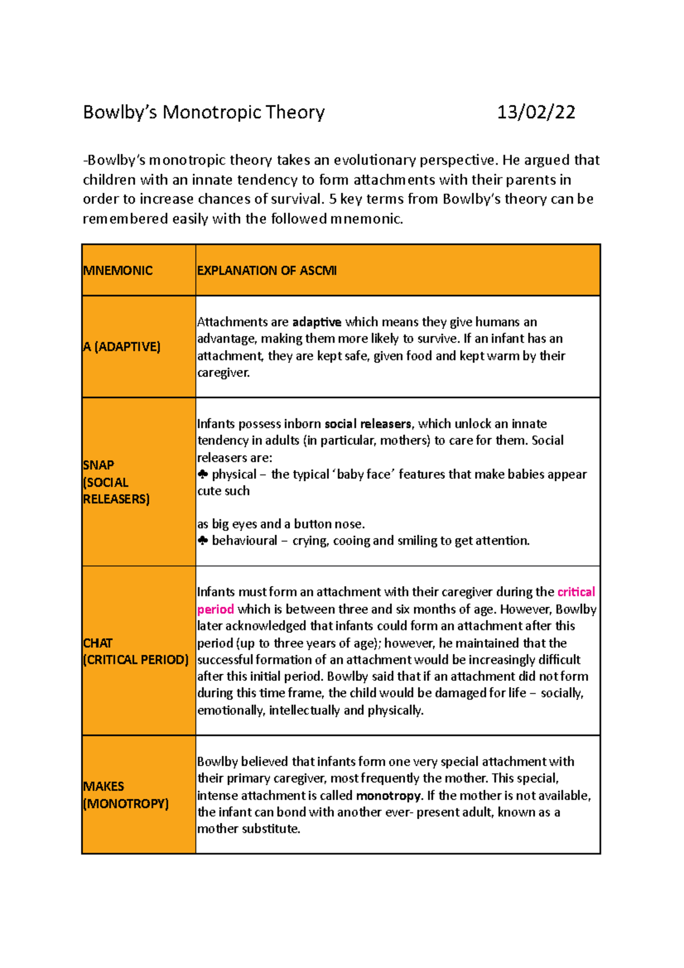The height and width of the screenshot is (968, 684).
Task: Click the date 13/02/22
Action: (x=536, y=112)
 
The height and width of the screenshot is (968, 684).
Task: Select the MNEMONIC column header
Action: (x=118, y=271)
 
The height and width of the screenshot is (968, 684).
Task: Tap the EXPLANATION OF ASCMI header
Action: (x=267, y=271)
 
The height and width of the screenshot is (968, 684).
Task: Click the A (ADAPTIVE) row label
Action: (x=121, y=347)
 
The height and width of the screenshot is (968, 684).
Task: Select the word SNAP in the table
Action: (x=99, y=465)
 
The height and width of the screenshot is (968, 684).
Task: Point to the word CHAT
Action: (x=97, y=643)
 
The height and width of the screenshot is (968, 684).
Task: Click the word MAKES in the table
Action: (x=103, y=787)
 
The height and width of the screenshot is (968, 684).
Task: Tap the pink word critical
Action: (x=576, y=592)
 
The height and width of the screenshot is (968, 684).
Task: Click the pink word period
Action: (x=215, y=609)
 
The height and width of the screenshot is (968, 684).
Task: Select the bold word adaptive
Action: (x=316, y=322)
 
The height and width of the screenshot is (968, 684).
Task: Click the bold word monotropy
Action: (x=388, y=795)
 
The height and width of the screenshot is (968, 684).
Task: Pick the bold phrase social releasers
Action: (x=368, y=424)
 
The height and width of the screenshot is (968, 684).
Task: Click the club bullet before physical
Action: (x=203, y=474)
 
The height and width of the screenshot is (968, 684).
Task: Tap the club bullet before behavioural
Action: (x=203, y=540)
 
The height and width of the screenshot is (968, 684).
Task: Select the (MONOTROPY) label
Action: (x=126, y=804)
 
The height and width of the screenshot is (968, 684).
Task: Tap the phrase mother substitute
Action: (x=249, y=829)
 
